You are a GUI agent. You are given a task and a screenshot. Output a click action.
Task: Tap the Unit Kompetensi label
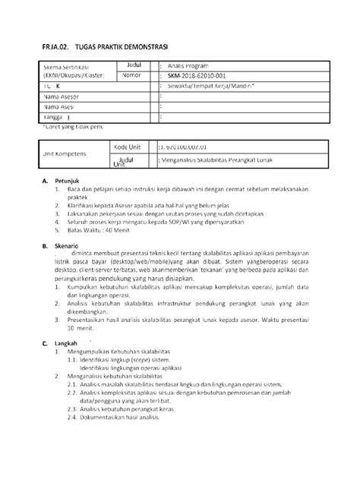coord(66,153)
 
